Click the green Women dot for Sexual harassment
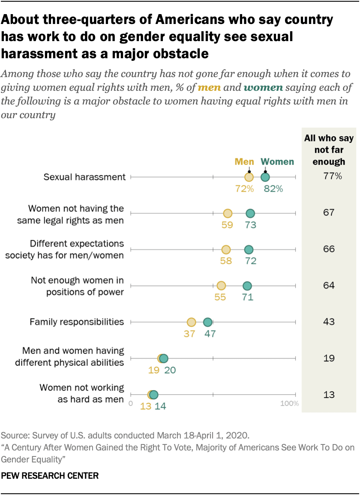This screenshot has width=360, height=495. (x=265, y=177)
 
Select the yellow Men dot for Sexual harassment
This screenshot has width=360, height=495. (x=249, y=177)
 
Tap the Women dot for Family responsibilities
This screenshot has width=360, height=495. (x=207, y=322)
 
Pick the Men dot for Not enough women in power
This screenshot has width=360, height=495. (x=221, y=286)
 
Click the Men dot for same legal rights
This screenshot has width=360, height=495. (x=228, y=213)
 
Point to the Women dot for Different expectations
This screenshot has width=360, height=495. (x=249, y=250)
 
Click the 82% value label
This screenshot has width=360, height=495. (x=273, y=188)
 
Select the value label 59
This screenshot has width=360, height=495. (x=227, y=225)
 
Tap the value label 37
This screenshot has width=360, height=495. (x=190, y=334)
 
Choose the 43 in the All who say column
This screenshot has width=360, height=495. (x=329, y=322)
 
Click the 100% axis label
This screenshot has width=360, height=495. (x=290, y=403)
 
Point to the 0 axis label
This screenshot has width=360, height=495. (x=131, y=403)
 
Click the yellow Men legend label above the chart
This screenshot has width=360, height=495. (x=244, y=162)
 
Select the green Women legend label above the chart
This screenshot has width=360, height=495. (x=277, y=162)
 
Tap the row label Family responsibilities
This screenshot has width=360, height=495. (x=77, y=322)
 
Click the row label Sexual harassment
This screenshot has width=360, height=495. (x=85, y=176)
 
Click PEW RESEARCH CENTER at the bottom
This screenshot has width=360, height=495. (x=50, y=475)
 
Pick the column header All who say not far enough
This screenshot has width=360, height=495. (x=329, y=150)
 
